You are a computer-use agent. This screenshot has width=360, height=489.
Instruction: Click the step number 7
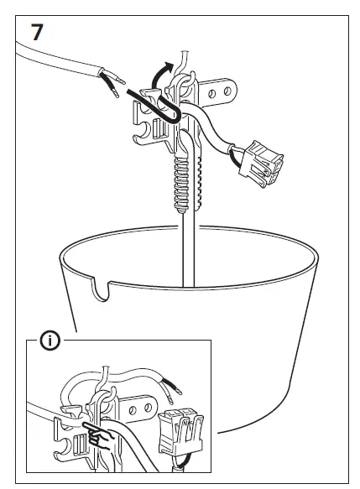click(x=38, y=34)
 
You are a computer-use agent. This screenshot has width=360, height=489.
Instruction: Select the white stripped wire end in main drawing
click(x=112, y=97)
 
